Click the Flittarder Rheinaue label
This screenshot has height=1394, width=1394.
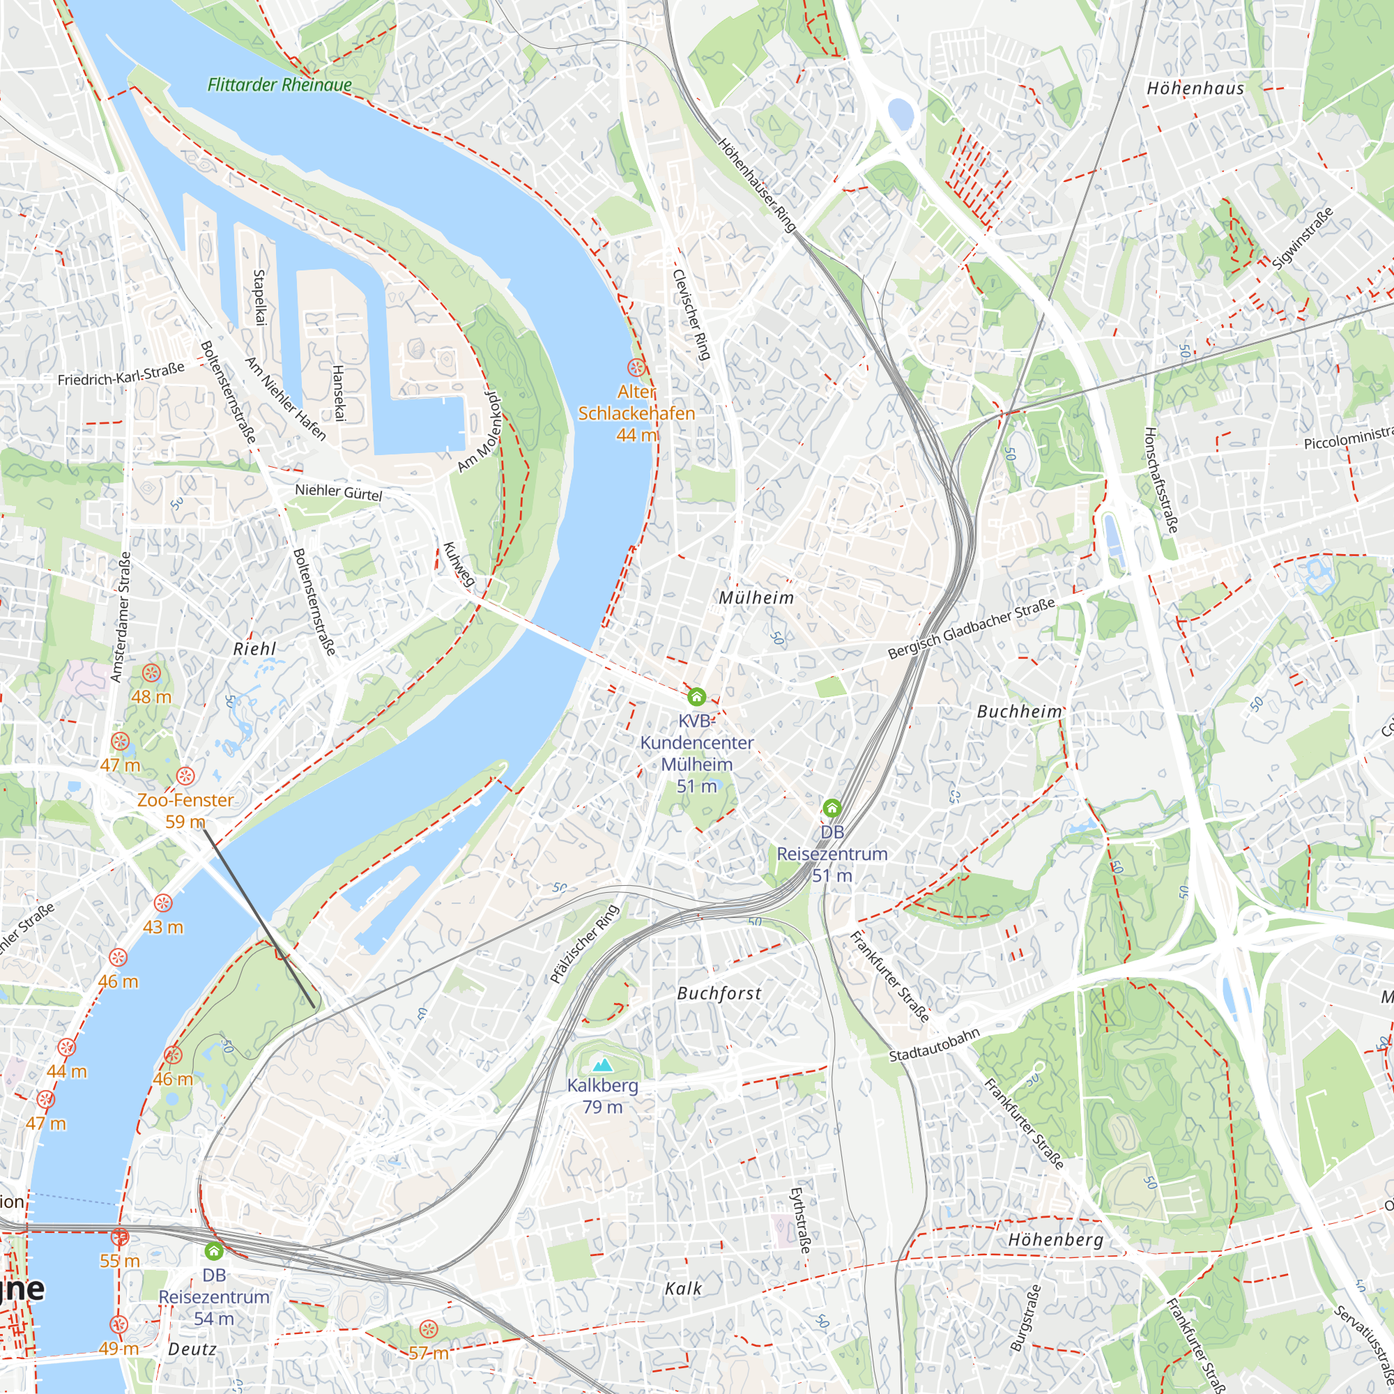coord(279,84)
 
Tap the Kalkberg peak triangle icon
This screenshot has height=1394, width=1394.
coord(602,1065)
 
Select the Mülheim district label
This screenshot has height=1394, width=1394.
coord(756,597)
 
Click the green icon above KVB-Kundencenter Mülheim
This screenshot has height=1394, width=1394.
coord(696,696)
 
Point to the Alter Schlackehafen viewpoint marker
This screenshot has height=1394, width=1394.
coord(636,367)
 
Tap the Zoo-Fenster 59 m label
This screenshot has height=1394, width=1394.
coord(185,811)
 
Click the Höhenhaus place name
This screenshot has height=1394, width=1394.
coord(1195,88)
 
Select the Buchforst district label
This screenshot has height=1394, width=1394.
coord(719,993)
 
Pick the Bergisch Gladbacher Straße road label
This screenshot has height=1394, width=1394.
coord(971,629)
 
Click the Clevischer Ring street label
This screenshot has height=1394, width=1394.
coord(691,314)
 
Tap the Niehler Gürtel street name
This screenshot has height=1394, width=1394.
coord(339,492)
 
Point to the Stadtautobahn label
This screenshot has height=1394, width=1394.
coord(935,1045)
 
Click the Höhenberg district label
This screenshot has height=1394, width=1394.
coord(1055,1239)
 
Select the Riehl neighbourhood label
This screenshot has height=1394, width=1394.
coord(254,649)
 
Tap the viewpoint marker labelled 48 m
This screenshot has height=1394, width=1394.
coord(151,673)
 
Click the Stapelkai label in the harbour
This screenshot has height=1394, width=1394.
coord(260,298)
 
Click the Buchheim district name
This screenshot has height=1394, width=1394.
coord(1020,712)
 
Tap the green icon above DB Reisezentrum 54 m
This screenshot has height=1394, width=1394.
coord(213,1250)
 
